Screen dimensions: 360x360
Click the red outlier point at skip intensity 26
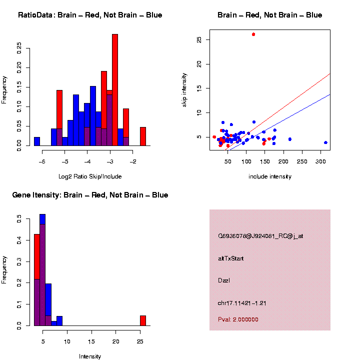[x=253, y=34]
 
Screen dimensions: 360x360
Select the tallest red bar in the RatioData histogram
[x=115, y=90]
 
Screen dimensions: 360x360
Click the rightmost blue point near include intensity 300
[x=325, y=142]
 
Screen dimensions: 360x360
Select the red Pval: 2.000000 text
[x=238, y=319]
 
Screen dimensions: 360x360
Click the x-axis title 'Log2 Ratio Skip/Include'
[x=90, y=176]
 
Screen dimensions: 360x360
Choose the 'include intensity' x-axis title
[x=269, y=176]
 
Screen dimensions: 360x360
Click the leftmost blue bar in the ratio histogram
[x=37, y=141]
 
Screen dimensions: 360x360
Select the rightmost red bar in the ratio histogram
[x=142, y=136]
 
